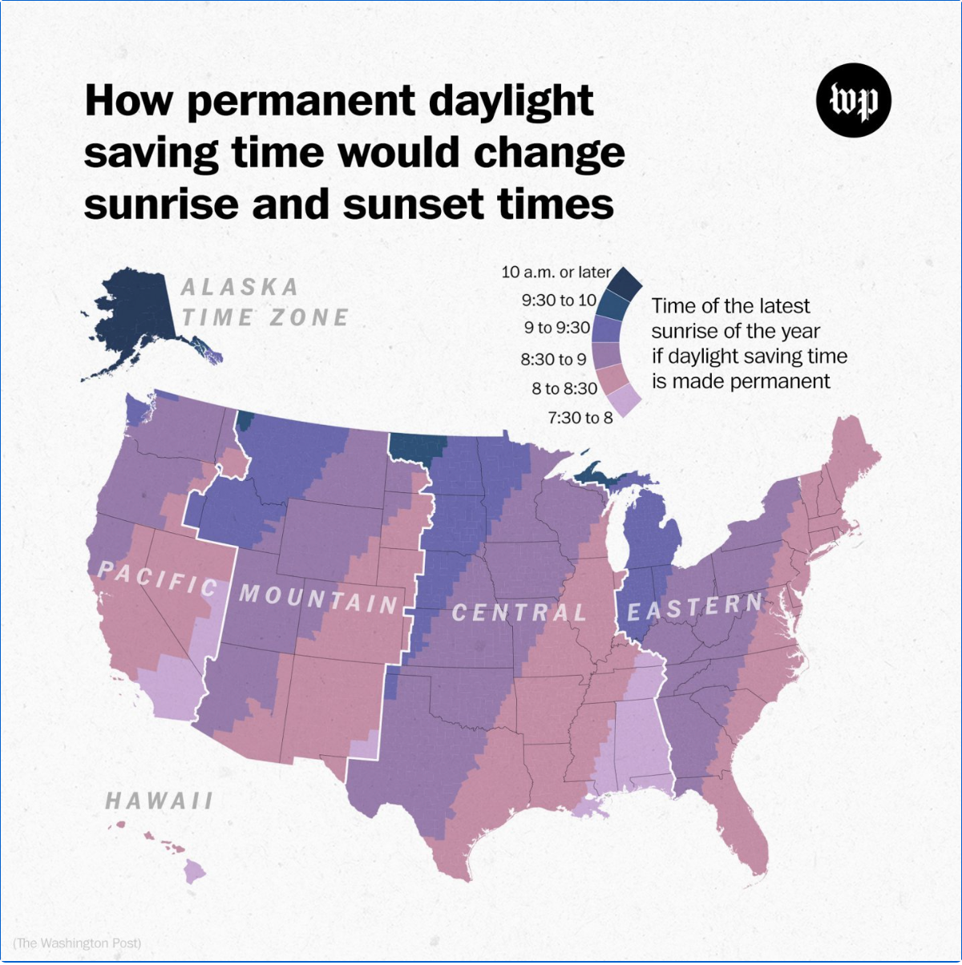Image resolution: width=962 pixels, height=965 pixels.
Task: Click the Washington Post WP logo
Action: pos(854,100)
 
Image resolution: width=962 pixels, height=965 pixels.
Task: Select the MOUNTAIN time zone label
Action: pos(318,598)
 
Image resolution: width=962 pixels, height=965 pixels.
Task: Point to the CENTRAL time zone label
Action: pos(519,613)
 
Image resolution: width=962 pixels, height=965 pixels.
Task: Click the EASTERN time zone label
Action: pos(695,608)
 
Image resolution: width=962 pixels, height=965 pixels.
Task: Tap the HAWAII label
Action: pos(160,800)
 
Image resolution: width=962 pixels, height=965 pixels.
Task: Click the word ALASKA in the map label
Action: pos(240,287)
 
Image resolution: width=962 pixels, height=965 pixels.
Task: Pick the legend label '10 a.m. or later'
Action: pos(556,272)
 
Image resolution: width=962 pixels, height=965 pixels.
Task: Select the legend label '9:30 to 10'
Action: pos(559,301)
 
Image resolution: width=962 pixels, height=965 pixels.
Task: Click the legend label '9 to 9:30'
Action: pos(557,328)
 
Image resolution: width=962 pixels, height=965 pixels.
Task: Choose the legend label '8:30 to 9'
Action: pos(553,359)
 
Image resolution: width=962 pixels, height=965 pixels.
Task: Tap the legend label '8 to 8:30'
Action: pos(564,389)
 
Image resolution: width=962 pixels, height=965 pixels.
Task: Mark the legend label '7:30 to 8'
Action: pos(580,418)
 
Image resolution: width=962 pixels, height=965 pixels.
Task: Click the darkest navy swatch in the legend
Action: pos(624,281)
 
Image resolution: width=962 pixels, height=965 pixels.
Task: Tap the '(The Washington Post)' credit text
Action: pos(77,943)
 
